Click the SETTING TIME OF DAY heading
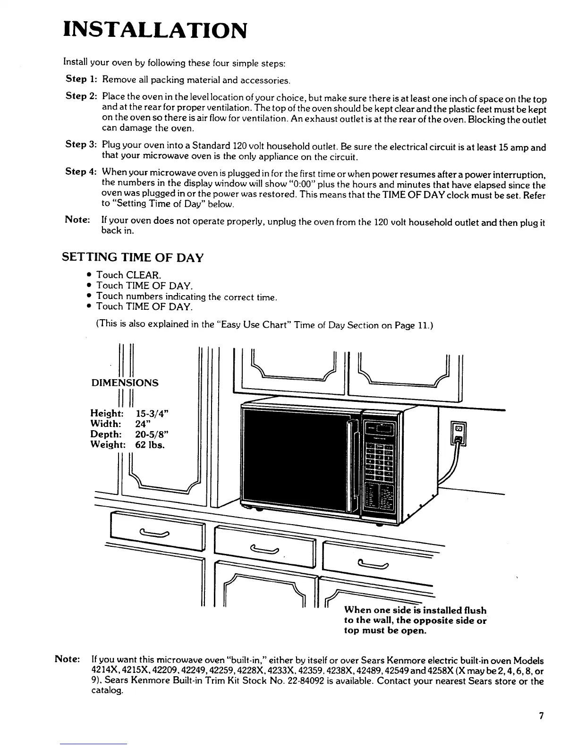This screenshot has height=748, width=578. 133,258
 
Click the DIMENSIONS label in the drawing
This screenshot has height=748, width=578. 125,383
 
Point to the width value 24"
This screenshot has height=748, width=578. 145,424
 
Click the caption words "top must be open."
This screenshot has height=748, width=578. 385,631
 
